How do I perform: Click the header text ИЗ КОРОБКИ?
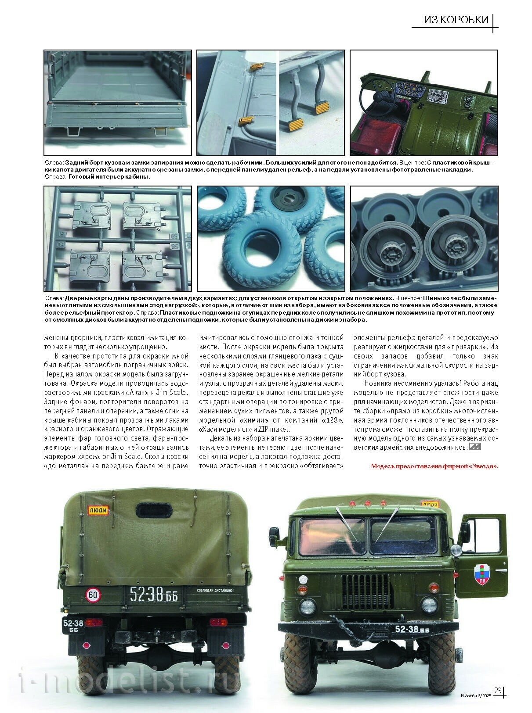click(x=456, y=20)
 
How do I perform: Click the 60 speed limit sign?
click(x=93, y=595)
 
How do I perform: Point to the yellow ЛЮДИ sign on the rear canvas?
click(x=98, y=511)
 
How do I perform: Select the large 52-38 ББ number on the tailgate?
click(x=151, y=595)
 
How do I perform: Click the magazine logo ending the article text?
click(x=475, y=447)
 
